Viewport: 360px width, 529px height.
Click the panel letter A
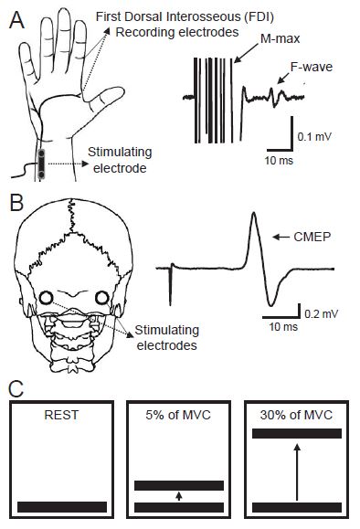click(x=16, y=16)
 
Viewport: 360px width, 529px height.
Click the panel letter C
click(x=16, y=386)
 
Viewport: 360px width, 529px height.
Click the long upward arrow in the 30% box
click(x=297, y=471)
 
